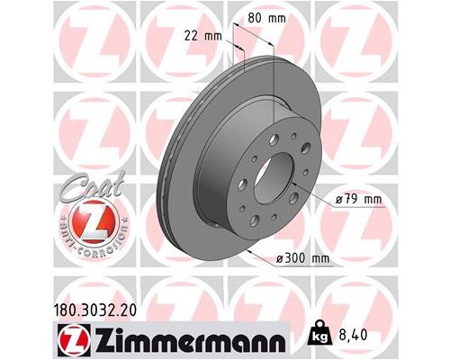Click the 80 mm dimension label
point(266,16)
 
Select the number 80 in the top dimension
point(256,16)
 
